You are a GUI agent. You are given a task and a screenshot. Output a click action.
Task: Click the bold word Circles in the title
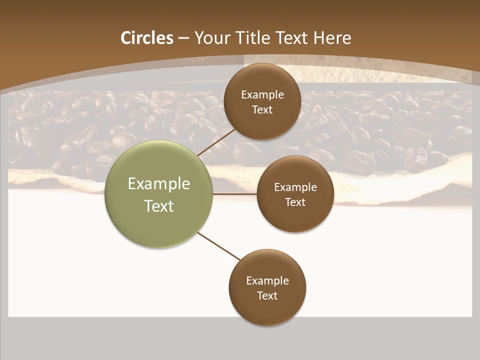(x=146, y=38)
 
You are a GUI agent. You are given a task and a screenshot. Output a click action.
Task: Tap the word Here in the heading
(x=332, y=38)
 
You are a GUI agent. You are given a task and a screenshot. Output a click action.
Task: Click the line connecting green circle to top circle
(x=216, y=142)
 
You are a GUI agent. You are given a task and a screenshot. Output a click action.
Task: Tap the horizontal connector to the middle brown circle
(x=235, y=194)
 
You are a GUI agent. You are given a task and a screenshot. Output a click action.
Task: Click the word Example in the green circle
(x=159, y=184)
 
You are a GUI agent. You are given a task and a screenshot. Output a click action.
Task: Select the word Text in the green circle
(x=159, y=206)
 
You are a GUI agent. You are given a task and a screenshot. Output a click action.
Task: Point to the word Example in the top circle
(x=262, y=95)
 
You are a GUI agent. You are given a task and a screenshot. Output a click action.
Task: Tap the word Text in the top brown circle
(x=262, y=110)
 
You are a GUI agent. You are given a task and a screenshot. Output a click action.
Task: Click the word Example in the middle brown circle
(x=295, y=187)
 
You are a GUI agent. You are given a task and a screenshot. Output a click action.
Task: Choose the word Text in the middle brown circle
(x=295, y=202)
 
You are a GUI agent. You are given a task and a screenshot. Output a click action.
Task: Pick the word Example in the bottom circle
(x=267, y=281)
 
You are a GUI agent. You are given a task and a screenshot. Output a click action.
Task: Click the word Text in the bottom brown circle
(x=267, y=296)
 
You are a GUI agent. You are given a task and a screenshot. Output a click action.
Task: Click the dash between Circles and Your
(x=183, y=38)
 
